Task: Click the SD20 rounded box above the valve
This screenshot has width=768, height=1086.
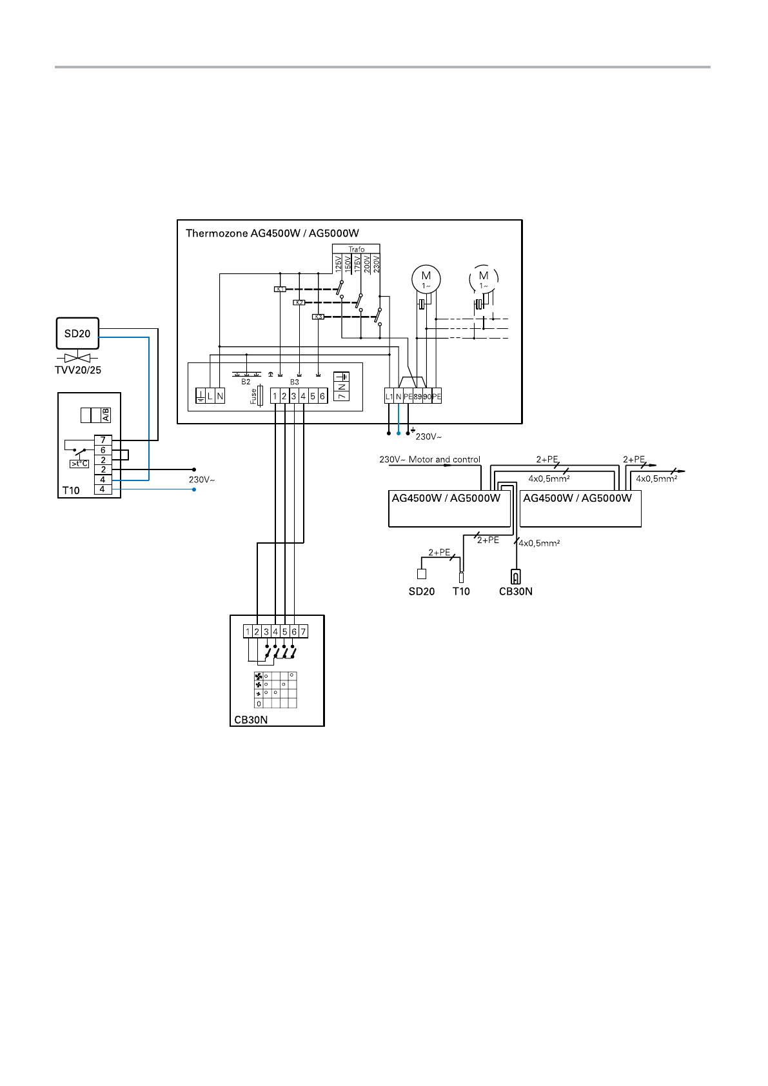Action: point(77,333)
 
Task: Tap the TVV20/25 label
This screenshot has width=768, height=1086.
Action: point(77,370)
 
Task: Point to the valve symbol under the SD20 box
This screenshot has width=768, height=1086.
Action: point(77,357)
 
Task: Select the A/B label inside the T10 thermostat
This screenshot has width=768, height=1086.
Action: point(106,415)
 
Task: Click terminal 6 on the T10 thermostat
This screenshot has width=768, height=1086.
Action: point(103,450)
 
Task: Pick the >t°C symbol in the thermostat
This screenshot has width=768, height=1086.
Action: point(79,464)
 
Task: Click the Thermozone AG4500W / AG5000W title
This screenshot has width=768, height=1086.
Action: point(272,233)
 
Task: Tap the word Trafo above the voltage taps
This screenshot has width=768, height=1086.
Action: point(357,249)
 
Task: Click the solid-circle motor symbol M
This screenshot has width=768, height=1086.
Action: point(426,279)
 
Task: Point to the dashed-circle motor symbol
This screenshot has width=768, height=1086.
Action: point(484,279)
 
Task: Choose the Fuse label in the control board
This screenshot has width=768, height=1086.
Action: point(253,396)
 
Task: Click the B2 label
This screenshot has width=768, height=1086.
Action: point(246,382)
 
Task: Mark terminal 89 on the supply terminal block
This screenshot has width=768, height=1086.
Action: point(418,397)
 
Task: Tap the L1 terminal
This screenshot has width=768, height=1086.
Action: point(389,397)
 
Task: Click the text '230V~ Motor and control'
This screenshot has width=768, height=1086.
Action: point(429,460)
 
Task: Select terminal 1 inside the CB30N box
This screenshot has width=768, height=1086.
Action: point(248,632)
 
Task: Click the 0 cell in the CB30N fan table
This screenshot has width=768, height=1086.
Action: point(259,704)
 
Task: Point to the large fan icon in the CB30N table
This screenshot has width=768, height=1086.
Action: point(259,676)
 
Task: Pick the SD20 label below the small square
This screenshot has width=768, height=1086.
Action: point(422,591)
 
